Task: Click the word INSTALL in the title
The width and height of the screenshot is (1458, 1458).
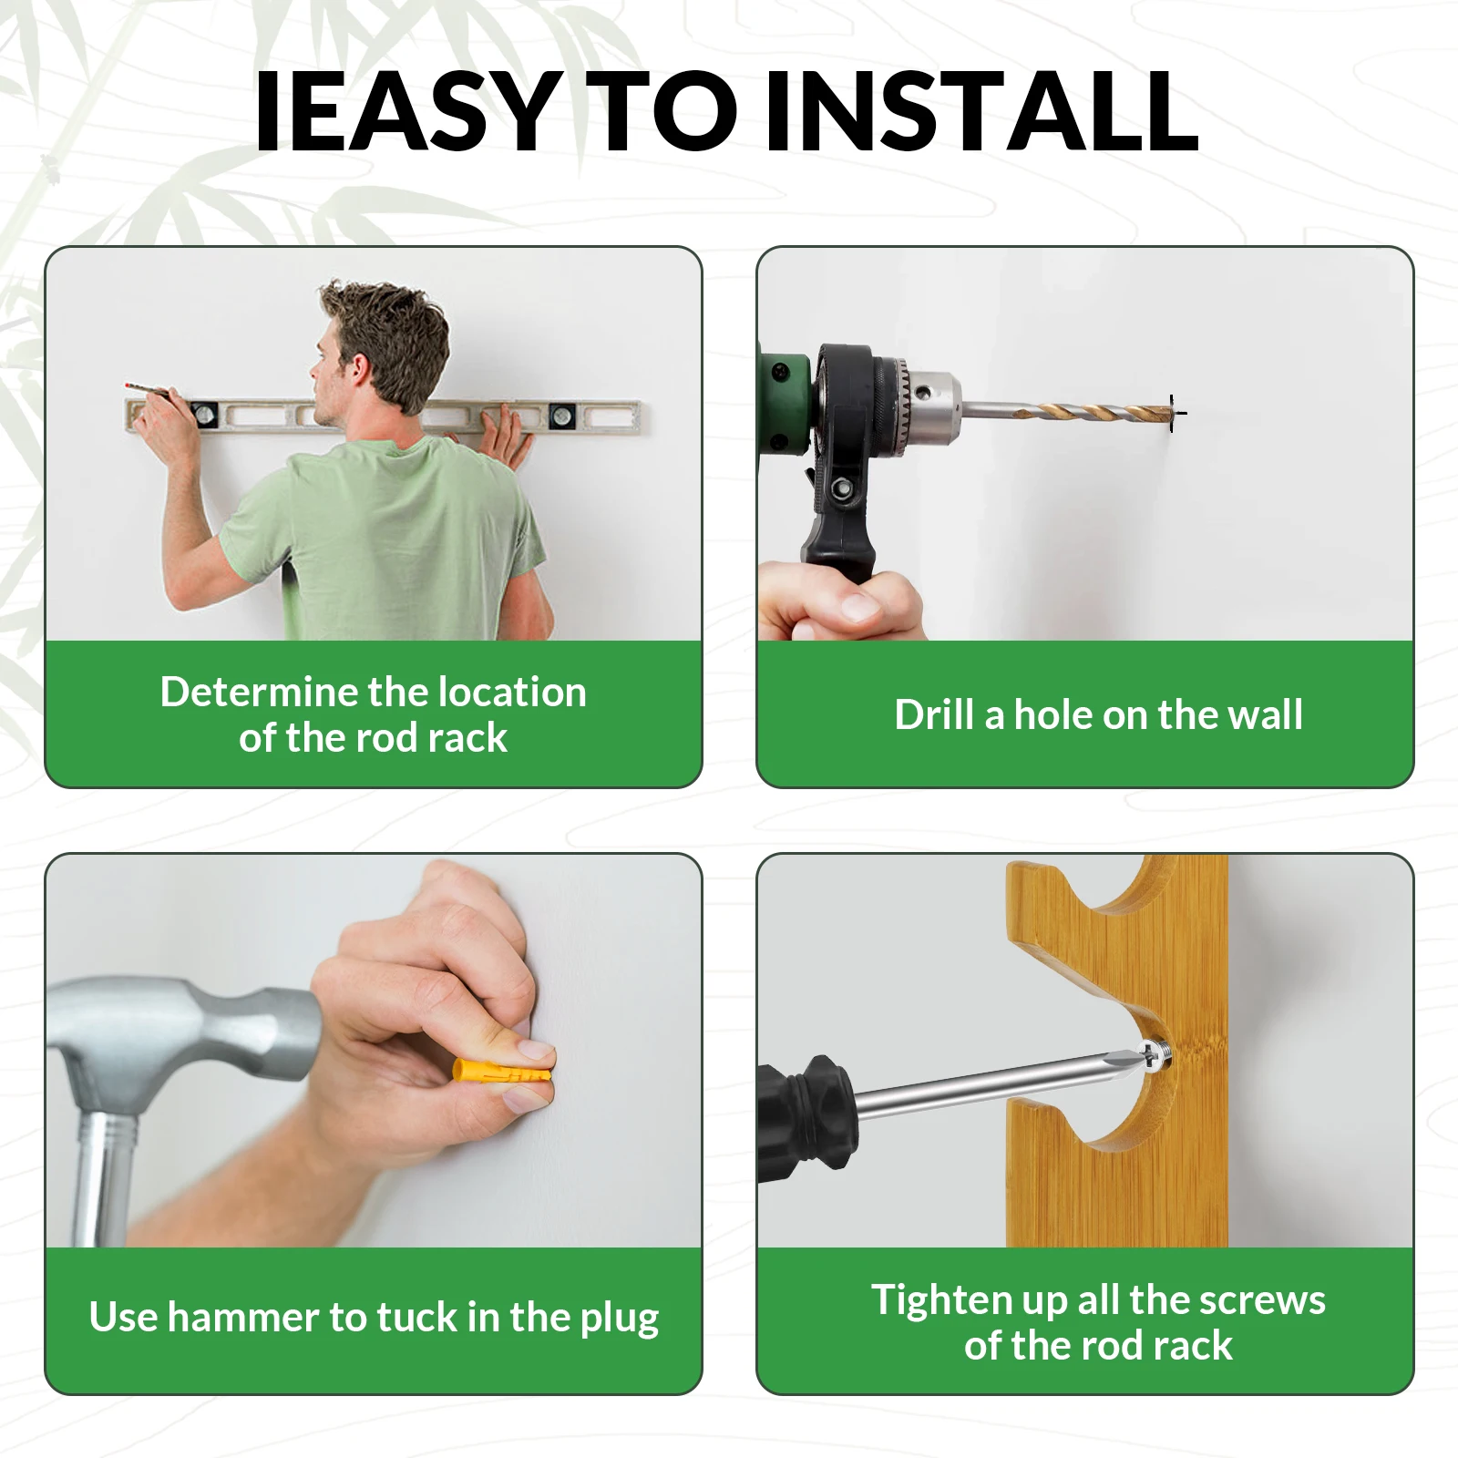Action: point(982,110)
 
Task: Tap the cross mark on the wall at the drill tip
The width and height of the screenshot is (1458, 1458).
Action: point(1176,413)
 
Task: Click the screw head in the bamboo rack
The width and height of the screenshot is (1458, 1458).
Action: point(1156,1056)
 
